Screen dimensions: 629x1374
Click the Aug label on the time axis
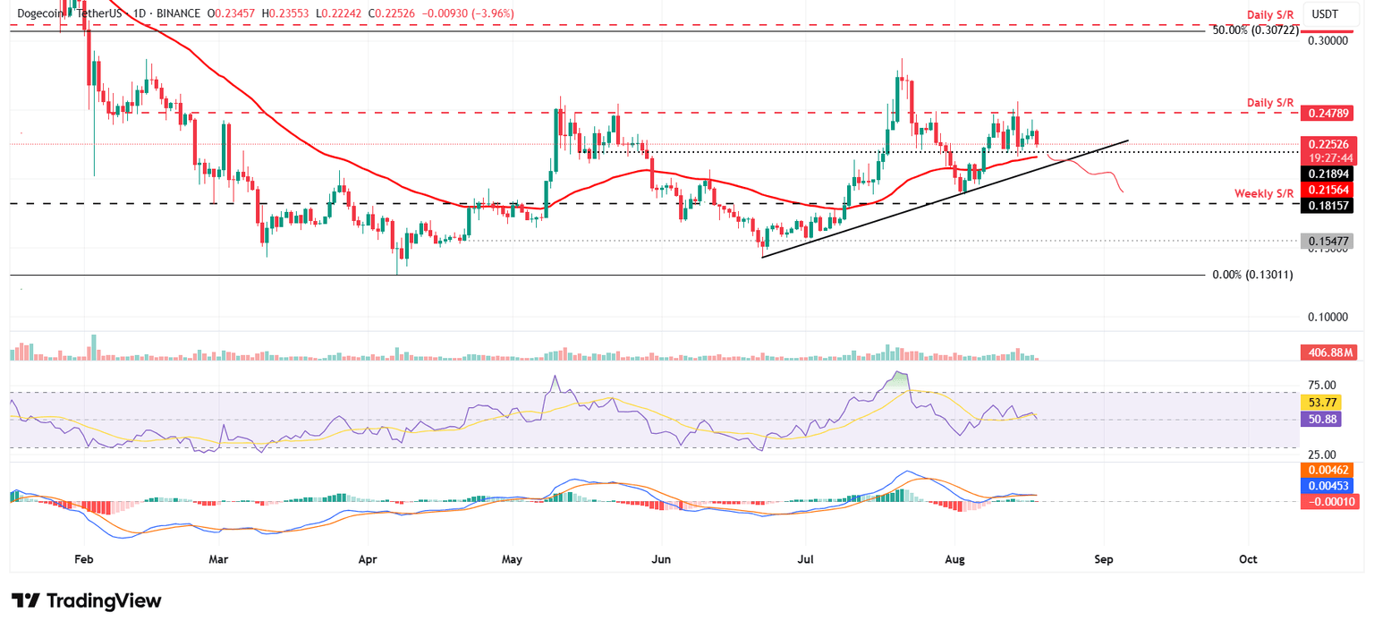(954, 559)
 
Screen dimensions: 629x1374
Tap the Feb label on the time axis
(83, 559)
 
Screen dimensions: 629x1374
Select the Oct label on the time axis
(1248, 559)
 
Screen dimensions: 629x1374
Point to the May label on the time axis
(511, 559)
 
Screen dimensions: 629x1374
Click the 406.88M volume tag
(1327, 353)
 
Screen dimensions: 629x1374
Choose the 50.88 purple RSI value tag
(1321, 419)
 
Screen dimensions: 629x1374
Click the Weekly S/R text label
(1264, 193)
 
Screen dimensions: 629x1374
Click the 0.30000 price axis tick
(1327, 41)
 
